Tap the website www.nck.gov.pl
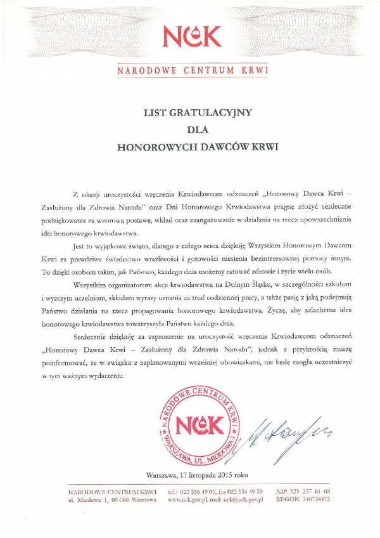187,500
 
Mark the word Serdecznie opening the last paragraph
94,336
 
